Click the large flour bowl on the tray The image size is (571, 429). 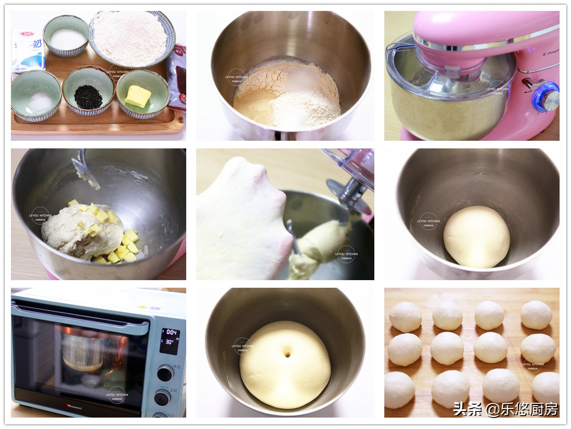(x=132, y=38)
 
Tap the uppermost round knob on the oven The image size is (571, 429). (x=165, y=373)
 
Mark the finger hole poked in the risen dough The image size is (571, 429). (x=287, y=353)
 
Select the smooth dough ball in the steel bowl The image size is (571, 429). (x=476, y=236)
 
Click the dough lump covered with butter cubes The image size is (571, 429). (x=83, y=230)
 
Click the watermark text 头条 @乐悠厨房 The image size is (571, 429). (x=505, y=409)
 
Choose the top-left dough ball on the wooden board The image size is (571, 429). (x=405, y=317)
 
